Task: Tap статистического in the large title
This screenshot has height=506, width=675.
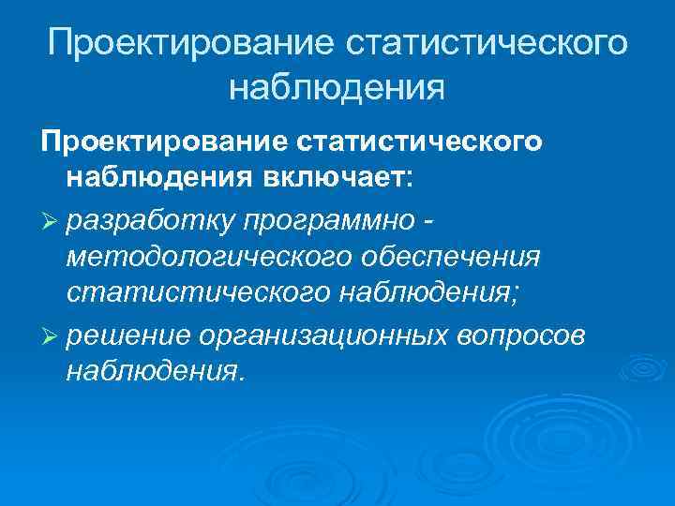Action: (x=483, y=44)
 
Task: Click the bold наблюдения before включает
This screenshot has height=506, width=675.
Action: (x=156, y=178)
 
